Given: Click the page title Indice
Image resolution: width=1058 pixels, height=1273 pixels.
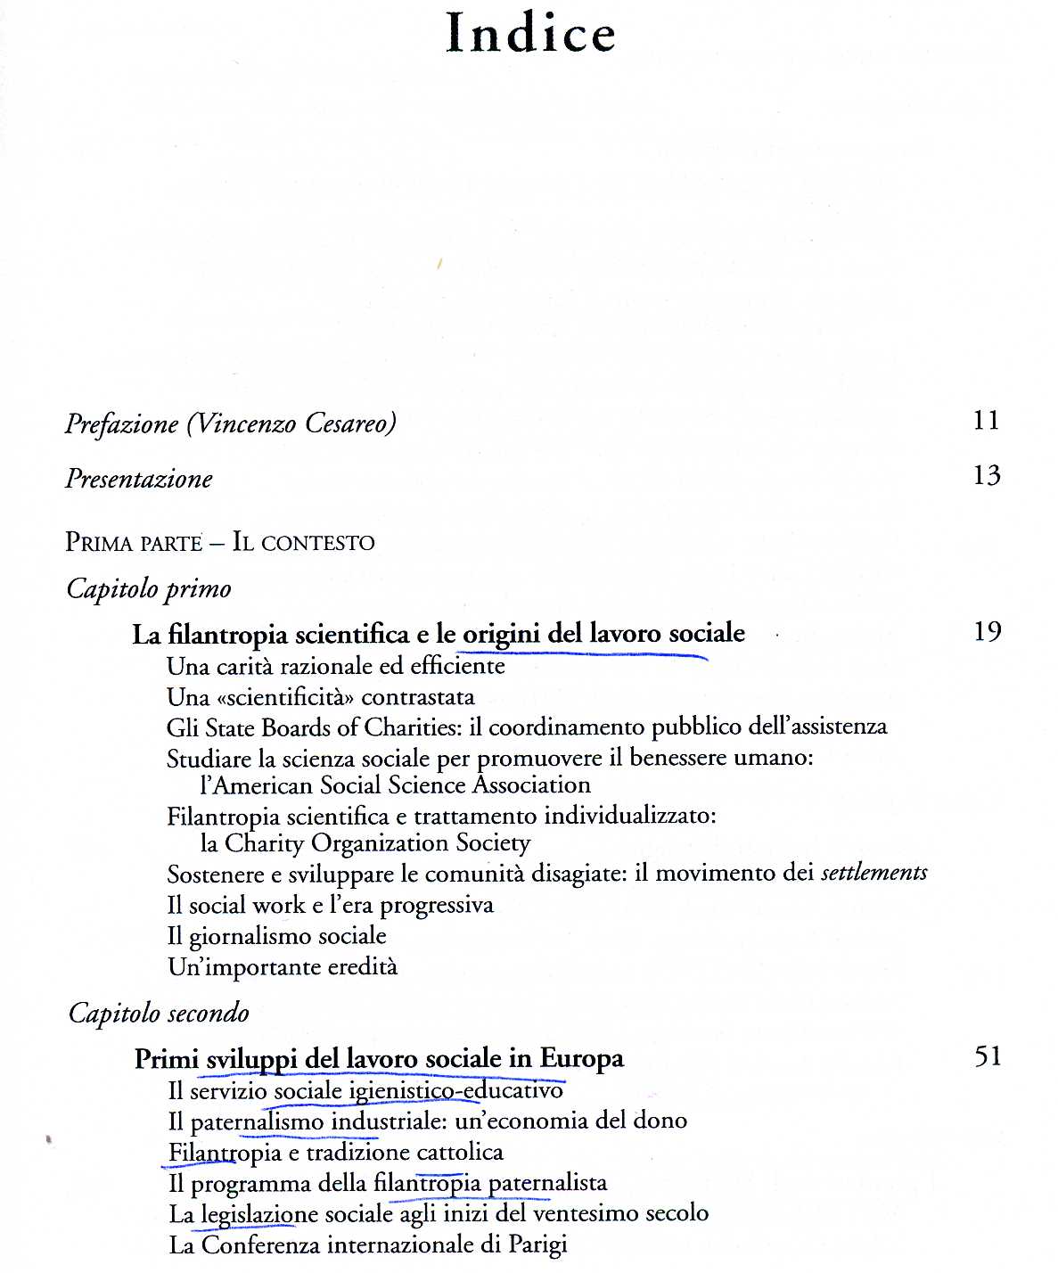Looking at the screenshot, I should coord(530,34).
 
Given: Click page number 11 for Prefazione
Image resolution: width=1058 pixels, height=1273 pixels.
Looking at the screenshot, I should coord(986,420).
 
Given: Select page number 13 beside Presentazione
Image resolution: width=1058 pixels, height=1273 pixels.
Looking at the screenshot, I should coord(986,475).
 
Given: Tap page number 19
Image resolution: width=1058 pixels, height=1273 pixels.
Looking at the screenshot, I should coord(987,632).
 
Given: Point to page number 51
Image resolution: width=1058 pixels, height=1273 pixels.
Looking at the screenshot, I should coord(988,1056).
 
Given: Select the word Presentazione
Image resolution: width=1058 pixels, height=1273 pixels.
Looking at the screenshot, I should coord(138,479).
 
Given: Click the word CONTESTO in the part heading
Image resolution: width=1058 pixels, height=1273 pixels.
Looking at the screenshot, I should coord(317,543).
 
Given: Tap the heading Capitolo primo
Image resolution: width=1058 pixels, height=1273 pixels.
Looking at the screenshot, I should coord(149,589).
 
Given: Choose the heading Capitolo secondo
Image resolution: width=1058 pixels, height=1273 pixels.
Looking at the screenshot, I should coord(159,1014).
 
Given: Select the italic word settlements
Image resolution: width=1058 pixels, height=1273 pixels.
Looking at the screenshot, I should coord(873,873).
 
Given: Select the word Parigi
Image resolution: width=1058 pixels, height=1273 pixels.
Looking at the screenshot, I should coord(537,1244).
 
